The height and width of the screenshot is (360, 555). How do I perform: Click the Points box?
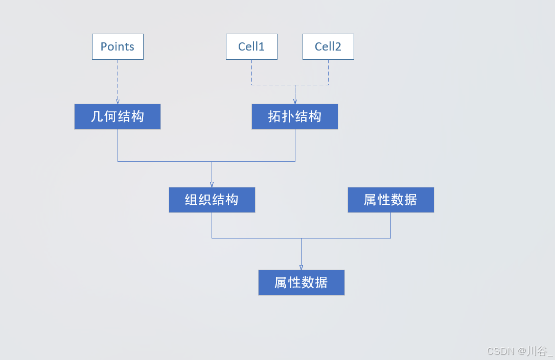(x=118, y=46)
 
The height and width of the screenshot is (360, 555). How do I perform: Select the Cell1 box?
(x=251, y=46)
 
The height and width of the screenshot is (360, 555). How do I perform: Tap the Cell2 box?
(x=328, y=46)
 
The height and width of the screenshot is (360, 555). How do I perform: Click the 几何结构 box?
(x=118, y=116)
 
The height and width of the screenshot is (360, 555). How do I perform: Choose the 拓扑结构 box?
(x=295, y=116)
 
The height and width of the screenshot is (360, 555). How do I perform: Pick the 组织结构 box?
(x=212, y=200)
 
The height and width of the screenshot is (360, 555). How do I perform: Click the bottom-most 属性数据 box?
(x=301, y=282)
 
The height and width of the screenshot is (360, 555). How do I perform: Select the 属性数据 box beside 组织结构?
(x=390, y=200)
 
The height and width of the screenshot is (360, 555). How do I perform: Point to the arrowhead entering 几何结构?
(x=118, y=102)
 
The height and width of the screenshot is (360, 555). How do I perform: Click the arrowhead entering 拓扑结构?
(x=295, y=102)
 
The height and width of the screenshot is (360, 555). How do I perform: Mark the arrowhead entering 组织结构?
(x=212, y=184)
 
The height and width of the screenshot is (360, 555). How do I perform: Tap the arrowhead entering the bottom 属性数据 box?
(x=301, y=267)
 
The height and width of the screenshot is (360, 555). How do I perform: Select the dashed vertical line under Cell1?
(x=251, y=71)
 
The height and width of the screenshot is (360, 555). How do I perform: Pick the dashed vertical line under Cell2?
(x=328, y=71)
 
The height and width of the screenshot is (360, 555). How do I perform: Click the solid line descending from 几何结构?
(x=118, y=146)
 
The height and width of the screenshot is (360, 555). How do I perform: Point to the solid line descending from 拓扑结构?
(x=295, y=146)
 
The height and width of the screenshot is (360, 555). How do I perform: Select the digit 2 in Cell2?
(x=338, y=46)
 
